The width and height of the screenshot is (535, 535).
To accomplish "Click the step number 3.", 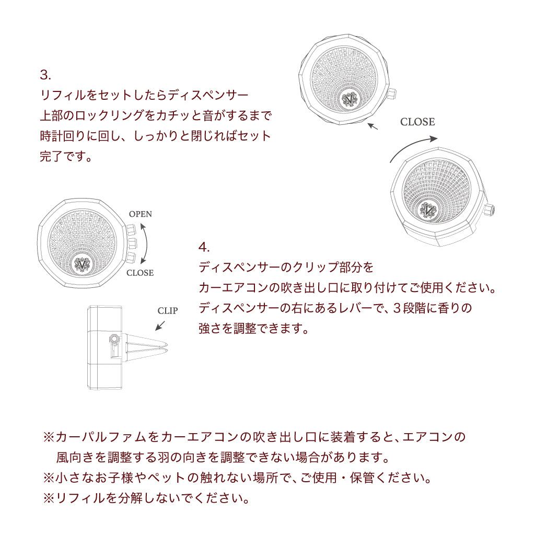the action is pos(45,75).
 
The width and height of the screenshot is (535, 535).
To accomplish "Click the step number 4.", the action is pos(204,247).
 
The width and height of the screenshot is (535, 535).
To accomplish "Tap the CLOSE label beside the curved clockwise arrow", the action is pos(417,122).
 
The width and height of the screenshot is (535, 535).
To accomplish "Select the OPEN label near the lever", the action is pos(140,214).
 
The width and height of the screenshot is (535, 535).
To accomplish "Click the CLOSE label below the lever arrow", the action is pos(140,273).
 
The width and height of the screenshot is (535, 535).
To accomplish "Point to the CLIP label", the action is pos(168,311).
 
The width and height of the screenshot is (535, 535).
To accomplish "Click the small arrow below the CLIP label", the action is pos(160,325).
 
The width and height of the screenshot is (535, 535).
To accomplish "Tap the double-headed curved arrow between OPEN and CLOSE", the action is pos(147,243).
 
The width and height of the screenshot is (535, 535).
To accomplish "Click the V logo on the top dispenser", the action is pos(350,99).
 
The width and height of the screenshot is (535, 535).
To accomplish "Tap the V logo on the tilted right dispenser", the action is pos(428,210).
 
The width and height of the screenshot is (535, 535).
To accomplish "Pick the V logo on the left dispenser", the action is pos(82,264).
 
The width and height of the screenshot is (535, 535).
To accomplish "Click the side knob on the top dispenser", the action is pos(391,93).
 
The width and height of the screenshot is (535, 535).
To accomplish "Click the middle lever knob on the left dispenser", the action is pos(132,243).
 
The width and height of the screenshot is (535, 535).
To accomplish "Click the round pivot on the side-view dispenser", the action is pos(114,339).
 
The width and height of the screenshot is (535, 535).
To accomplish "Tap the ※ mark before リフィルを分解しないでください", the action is pos(49,498).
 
